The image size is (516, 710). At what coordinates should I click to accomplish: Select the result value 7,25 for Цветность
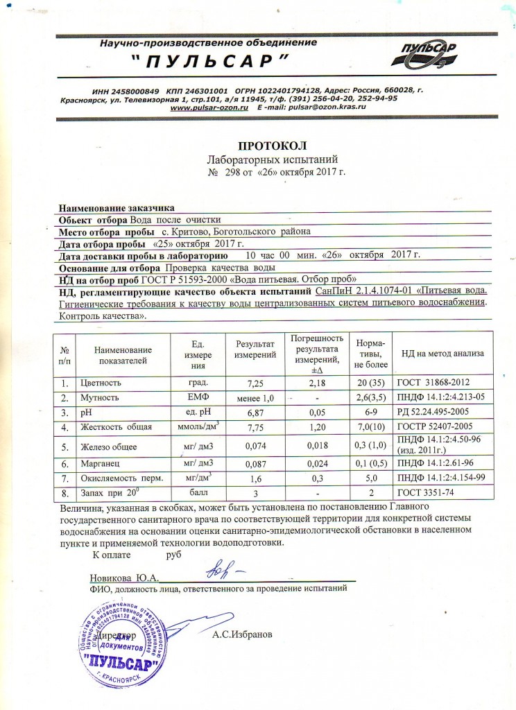(255, 383)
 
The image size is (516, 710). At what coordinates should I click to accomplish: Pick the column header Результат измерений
(255, 349)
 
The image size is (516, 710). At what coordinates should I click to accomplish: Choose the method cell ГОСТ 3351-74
(422, 492)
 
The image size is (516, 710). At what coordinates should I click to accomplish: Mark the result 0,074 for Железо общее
(255, 445)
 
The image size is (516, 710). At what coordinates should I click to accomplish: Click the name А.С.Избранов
(243, 634)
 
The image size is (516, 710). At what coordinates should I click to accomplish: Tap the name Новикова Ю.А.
(125, 578)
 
